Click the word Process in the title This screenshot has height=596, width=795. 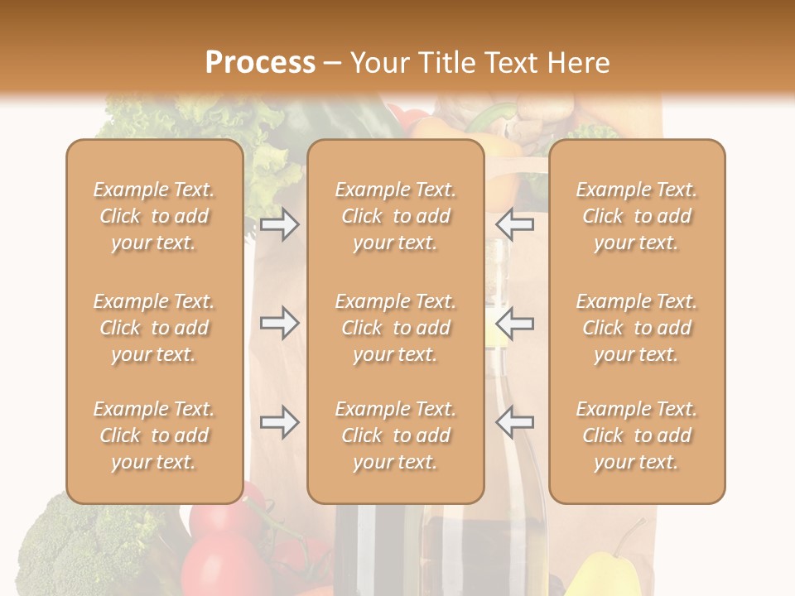(x=260, y=63)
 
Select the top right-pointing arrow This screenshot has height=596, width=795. (x=279, y=224)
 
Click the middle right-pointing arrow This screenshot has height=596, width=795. (x=279, y=323)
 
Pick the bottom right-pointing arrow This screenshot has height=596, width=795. (x=279, y=422)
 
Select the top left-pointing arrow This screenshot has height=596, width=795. (x=514, y=224)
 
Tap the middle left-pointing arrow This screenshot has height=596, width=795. (x=514, y=323)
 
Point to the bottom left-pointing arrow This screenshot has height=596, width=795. (x=514, y=422)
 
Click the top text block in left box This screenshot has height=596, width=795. (x=154, y=216)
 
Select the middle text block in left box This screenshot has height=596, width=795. (x=154, y=328)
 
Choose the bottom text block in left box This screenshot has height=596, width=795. (x=154, y=435)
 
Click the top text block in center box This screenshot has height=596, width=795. (x=395, y=216)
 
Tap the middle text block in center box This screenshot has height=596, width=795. (x=395, y=328)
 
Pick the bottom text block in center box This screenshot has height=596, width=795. (x=395, y=435)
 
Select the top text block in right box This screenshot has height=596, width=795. (x=637, y=216)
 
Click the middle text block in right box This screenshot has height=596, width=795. (x=637, y=328)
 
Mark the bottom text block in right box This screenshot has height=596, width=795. (x=637, y=435)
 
